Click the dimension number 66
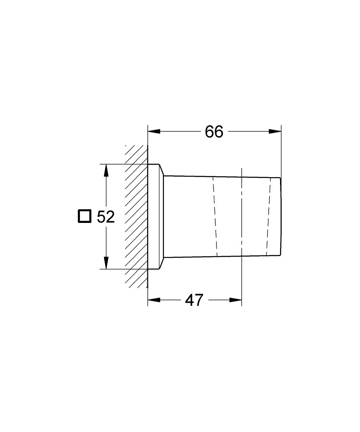214,132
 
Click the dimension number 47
194,300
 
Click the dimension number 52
105,217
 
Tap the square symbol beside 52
84,216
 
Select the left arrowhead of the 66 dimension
154,131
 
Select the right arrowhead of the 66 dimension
275,131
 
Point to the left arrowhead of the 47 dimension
154,300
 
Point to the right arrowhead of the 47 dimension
236,300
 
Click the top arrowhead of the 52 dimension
106,170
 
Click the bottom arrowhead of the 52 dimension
106,263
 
